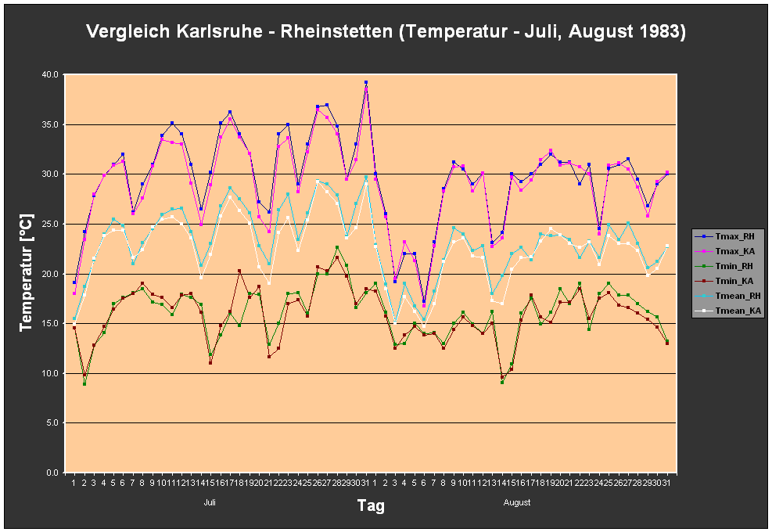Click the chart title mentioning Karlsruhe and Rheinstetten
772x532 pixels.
[x=386, y=32]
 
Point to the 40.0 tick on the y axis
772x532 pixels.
[x=51, y=74]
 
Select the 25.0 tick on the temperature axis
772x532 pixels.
[x=51, y=224]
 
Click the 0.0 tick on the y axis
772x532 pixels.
[x=53, y=473]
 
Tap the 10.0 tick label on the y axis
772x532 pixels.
[x=51, y=373]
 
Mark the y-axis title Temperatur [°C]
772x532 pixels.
[x=27, y=274]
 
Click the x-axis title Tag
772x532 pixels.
[x=371, y=505]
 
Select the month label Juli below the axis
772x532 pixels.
[x=210, y=502]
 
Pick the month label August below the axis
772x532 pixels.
[x=517, y=502]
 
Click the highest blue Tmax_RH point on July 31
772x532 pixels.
[x=365, y=82]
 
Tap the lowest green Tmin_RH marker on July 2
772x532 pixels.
[x=84, y=383]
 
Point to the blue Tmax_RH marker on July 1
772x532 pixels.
[x=74, y=282]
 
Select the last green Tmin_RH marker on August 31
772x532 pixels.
[x=667, y=341]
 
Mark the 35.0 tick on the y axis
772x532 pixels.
[x=51, y=124]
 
